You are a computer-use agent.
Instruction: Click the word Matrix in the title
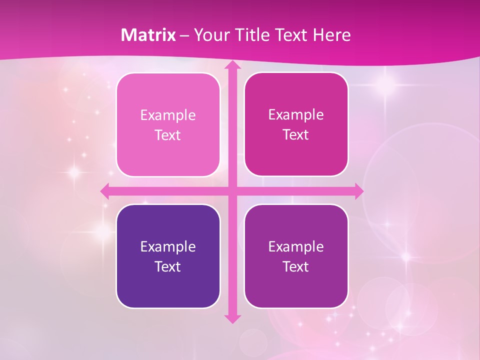tap(148, 35)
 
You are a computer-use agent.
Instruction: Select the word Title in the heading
tap(250, 35)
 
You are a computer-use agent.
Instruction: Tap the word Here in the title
tap(331, 35)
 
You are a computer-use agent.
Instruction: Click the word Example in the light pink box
tap(168, 115)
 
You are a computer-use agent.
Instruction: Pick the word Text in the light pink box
tap(168, 135)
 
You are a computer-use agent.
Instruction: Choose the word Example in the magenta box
tap(296, 115)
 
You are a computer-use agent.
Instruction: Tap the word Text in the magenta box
tap(296, 135)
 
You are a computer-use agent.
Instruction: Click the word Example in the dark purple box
tap(168, 247)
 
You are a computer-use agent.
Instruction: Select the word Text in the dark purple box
tap(168, 267)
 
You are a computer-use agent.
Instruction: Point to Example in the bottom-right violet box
tap(296, 247)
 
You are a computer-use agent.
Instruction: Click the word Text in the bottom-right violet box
tap(296, 267)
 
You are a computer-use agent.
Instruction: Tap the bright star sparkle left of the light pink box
tap(74, 172)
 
